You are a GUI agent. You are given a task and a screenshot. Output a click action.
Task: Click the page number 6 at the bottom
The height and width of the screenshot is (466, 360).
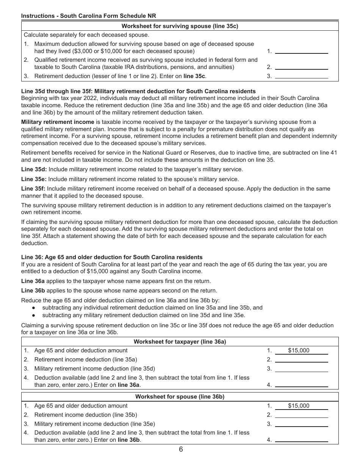[181, 450]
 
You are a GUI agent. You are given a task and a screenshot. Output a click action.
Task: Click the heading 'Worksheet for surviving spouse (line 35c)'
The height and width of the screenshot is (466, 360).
[180, 26]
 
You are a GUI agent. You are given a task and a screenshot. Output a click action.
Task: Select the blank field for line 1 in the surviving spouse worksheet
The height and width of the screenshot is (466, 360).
[301, 51]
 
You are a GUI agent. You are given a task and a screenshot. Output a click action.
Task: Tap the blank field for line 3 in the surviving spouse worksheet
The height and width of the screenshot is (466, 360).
[301, 76]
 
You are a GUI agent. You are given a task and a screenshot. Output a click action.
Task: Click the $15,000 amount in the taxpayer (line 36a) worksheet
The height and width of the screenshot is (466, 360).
[299, 350]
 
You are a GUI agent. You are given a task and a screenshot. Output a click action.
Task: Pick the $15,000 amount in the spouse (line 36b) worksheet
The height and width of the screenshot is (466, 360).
[299, 406]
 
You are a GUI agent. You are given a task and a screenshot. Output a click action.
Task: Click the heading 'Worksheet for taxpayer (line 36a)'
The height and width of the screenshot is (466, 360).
[180, 342]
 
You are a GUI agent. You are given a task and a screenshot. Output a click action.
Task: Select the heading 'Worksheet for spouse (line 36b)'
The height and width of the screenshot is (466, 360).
[180, 397]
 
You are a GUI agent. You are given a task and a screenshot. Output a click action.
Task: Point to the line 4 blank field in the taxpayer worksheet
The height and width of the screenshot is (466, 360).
[301, 385]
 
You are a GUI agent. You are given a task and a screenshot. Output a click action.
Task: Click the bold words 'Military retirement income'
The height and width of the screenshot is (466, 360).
[58, 122]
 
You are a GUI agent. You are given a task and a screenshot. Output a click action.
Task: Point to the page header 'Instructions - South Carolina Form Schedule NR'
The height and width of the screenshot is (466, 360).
[89, 16]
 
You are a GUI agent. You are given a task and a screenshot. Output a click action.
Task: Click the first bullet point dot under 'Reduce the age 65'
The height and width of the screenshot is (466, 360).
[34, 308]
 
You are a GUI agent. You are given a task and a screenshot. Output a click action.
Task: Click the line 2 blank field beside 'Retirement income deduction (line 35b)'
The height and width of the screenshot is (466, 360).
[301, 415]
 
